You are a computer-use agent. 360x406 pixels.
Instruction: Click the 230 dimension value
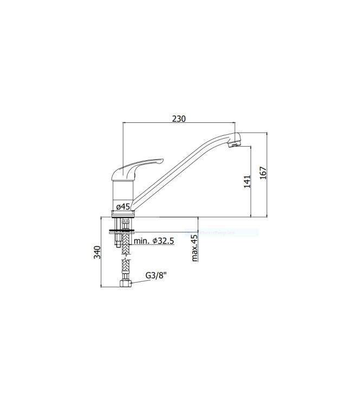179,119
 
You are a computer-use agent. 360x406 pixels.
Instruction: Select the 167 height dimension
263,173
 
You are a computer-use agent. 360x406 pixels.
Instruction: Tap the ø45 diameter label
123,206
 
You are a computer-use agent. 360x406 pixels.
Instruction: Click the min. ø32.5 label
154,241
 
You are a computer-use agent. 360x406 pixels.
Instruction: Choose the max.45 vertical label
194,248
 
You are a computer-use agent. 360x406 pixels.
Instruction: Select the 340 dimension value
97,252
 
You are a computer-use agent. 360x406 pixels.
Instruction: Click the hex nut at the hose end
124,283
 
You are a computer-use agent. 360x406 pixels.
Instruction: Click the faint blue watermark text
222,233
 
